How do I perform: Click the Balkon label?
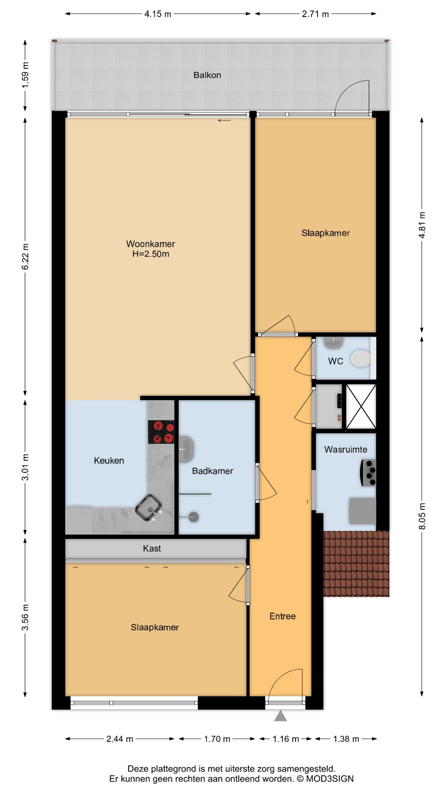(x=207, y=75)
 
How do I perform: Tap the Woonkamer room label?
(x=151, y=244)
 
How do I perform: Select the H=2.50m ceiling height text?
(x=151, y=254)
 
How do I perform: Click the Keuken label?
(x=109, y=461)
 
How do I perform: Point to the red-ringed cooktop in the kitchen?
(x=161, y=432)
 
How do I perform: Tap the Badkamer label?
(x=212, y=471)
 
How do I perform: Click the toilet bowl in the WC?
(x=361, y=359)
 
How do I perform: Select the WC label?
(x=336, y=361)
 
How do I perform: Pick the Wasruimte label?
(x=346, y=450)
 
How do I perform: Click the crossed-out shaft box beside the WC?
(x=361, y=407)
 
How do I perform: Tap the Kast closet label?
(x=152, y=549)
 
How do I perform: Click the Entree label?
(x=283, y=617)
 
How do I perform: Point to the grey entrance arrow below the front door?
(x=281, y=716)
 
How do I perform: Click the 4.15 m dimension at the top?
(x=158, y=14)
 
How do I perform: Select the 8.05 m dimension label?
(x=422, y=516)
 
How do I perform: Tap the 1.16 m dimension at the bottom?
(x=286, y=739)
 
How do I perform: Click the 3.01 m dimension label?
(x=26, y=467)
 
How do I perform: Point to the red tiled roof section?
(x=356, y=564)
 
